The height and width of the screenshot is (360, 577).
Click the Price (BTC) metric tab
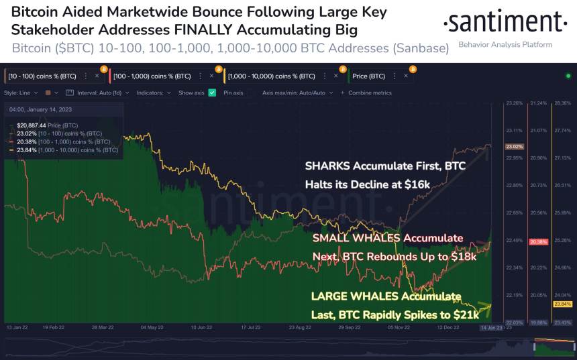[369, 76]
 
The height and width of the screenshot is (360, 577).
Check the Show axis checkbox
[212, 93]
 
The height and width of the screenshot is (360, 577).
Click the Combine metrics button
[366, 93]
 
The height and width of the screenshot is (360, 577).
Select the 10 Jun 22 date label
[201, 328]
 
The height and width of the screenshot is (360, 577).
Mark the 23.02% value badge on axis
[514, 146]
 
